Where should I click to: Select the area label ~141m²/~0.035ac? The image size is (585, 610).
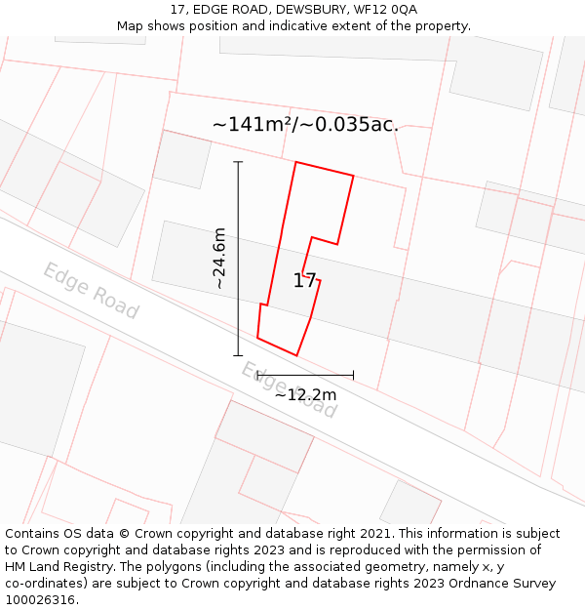tap(305, 125)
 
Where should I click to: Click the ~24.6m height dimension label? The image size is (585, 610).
tap(219, 259)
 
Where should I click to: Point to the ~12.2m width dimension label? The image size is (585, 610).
tap(305, 394)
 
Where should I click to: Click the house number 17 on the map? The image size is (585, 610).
tap(304, 281)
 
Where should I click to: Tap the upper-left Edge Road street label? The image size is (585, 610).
tap(91, 290)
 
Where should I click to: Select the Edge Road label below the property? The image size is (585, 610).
tap(290, 388)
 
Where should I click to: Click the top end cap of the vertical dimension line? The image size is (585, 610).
tap(238, 162)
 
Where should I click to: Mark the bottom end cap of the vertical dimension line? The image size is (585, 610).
tap(238, 355)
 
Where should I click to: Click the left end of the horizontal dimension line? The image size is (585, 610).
tap(256, 374)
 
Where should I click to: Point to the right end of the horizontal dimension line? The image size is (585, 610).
tap(353, 374)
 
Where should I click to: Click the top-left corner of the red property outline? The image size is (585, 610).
tap(295, 162)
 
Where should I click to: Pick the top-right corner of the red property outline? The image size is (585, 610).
tap(353, 177)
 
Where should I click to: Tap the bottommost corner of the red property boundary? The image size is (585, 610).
tap(296, 355)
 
